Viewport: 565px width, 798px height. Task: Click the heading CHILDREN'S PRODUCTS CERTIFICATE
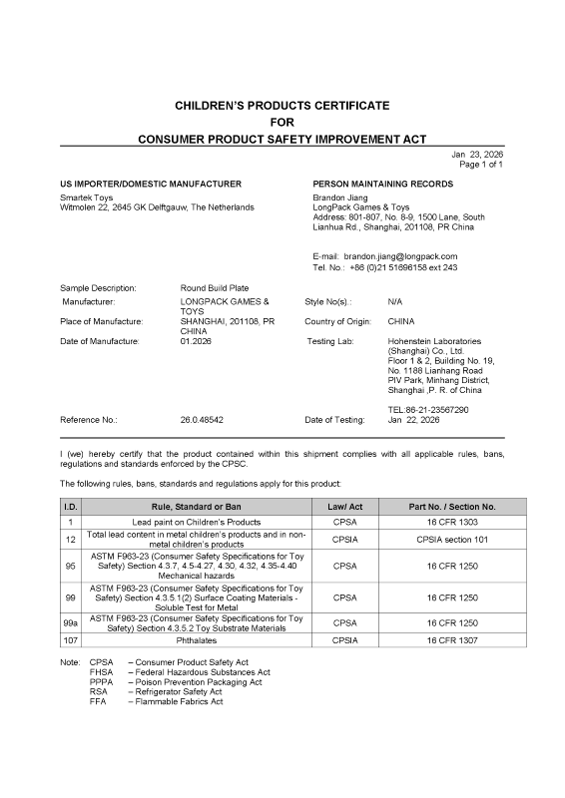282,105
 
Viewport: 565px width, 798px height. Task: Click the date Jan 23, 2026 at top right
477,154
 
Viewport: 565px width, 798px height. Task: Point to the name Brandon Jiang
340,198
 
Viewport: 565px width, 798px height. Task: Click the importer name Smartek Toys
87,198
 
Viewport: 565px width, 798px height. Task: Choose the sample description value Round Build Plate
216,287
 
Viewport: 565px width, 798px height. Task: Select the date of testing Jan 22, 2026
413,420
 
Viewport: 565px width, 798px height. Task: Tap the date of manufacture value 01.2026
196,341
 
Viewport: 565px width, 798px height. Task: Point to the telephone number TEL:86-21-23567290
428,409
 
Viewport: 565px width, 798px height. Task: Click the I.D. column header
71,507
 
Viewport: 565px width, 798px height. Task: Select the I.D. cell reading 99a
71,622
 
